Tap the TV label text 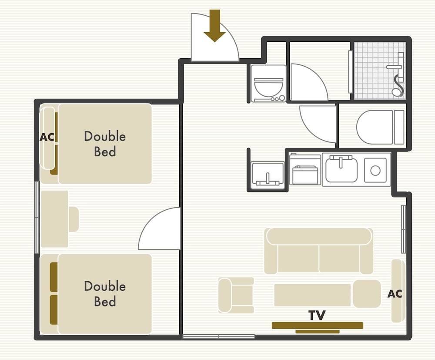point(317,315)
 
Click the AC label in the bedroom point(47,137)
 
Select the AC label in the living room point(395,294)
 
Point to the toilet point(380,127)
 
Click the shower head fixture point(397,75)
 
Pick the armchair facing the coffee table point(236,295)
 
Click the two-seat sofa point(319,251)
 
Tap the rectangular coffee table point(313,295)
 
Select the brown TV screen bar point(318,325)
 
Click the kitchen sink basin point(341,169)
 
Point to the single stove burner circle point(375,171)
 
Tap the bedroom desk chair point(74,219)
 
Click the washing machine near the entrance point(268,84)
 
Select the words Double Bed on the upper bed point(105,144)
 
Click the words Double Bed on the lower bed point(105,294)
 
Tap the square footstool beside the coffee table point(367,294)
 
